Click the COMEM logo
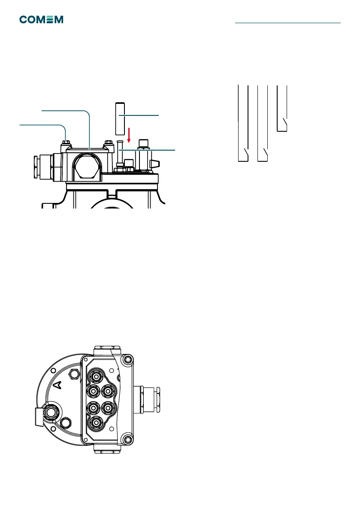tap(41, 20)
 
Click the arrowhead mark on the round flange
tap(60, 384)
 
